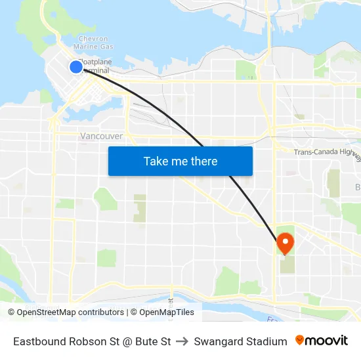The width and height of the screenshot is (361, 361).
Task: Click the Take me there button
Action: pos(180,161)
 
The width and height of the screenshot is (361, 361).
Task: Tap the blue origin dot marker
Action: pos(76,66)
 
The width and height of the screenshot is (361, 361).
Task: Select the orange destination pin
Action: pos(286,243)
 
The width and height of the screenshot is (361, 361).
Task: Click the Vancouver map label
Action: pos(101,136)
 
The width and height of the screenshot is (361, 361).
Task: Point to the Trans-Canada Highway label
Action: pos(326,153)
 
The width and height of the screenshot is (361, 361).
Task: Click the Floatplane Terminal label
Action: pos(96,66)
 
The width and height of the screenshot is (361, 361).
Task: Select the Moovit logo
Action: pos(322,341)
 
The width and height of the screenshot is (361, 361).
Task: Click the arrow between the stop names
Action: pos(182,341)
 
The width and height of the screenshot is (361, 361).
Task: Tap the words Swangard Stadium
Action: pos(240,341)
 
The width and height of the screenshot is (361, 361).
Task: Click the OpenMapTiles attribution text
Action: pos(166,312)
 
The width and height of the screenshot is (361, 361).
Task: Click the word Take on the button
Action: pos(156,161)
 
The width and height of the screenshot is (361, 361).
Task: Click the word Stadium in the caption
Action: pos(266,341)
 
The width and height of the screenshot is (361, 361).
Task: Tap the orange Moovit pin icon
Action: pos(300,340)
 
